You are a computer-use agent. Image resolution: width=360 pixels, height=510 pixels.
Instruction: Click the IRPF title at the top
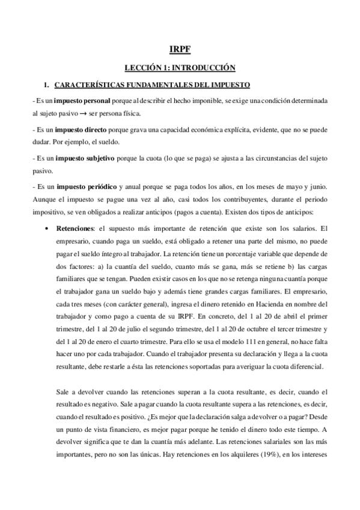point(180,50)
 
